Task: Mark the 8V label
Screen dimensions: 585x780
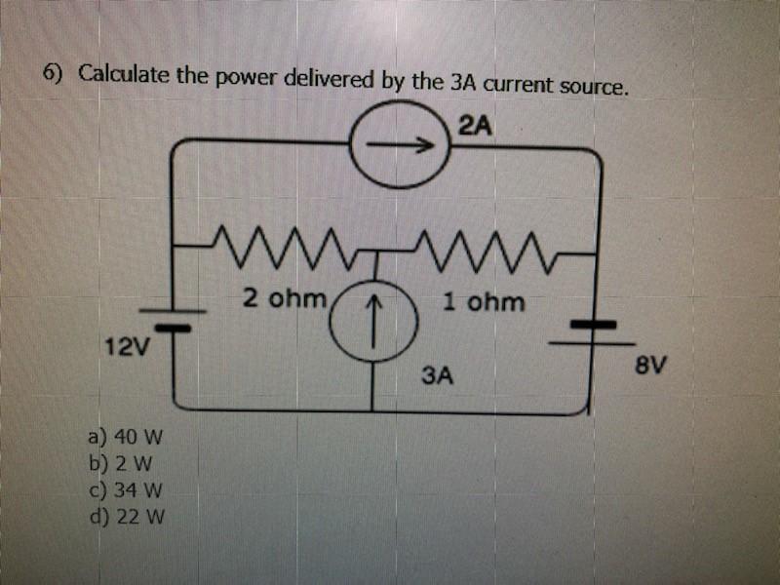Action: click(x=650, y=366)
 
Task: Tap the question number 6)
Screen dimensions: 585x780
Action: click(x=52, y=73)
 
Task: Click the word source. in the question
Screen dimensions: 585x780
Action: click(x=587, y=87)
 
